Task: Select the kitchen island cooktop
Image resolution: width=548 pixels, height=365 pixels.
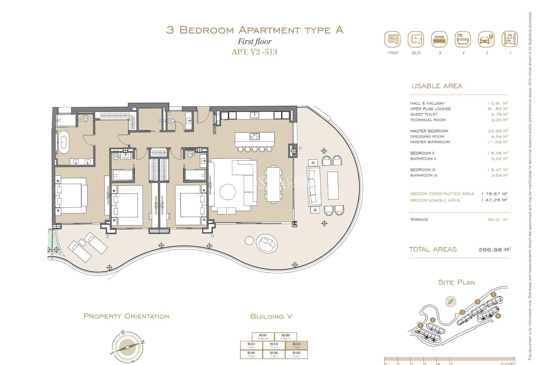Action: click(255, 136)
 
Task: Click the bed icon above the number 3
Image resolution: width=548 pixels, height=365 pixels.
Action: click(439, 39)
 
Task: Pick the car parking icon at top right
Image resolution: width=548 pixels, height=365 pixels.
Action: click(486, 39)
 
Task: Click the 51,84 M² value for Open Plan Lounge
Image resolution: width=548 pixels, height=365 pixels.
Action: click(498, 109)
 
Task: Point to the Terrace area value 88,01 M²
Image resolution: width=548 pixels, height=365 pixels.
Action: click(498, 220)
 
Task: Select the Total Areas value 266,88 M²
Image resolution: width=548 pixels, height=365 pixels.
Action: click(495, 250)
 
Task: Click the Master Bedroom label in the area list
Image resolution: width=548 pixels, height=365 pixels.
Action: click(429, 131)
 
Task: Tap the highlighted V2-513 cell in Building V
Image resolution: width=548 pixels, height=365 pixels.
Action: click(296, 345)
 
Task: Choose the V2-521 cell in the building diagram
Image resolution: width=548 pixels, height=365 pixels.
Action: click(263, 337)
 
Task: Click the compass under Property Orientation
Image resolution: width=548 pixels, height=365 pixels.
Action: click(127, 347)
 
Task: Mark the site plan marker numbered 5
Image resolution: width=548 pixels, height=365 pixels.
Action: click(493, 295)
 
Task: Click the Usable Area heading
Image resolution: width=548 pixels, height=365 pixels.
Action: click(437, 86)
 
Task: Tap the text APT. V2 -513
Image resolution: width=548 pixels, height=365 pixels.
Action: click(254, 52)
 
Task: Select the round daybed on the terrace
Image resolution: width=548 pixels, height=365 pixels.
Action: click(267, 243)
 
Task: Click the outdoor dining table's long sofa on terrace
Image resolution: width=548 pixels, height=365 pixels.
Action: click(314, 186)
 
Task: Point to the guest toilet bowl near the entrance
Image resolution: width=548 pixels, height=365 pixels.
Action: click(171, 121)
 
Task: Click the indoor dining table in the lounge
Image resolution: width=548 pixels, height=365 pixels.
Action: click(273, 184)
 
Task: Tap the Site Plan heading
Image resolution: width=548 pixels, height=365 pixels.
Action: click(456, 282)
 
